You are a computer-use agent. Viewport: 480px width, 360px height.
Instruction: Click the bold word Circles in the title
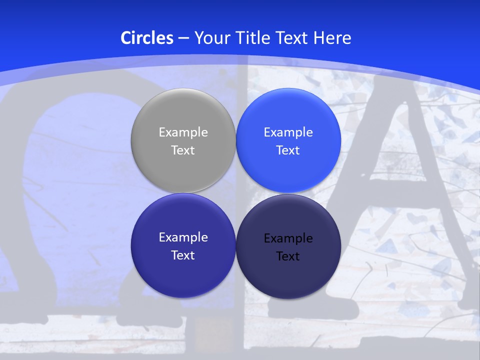(147, 38)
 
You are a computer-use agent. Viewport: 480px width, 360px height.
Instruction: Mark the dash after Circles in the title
(183, 38)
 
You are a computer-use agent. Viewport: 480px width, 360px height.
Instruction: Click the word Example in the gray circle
(183, 132)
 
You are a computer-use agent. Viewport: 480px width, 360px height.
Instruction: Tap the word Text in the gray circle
(183, 150)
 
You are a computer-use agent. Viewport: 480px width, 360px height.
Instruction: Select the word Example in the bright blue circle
(288, 132)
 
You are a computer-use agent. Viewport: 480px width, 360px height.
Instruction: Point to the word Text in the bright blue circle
(288, 150)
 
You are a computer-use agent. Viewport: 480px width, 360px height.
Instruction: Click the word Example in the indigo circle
(183, 237)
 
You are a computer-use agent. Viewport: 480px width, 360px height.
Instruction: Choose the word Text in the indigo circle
(183, 255)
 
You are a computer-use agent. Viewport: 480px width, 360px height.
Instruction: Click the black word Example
(288, 238)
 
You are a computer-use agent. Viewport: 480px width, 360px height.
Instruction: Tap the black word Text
(288, 256)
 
